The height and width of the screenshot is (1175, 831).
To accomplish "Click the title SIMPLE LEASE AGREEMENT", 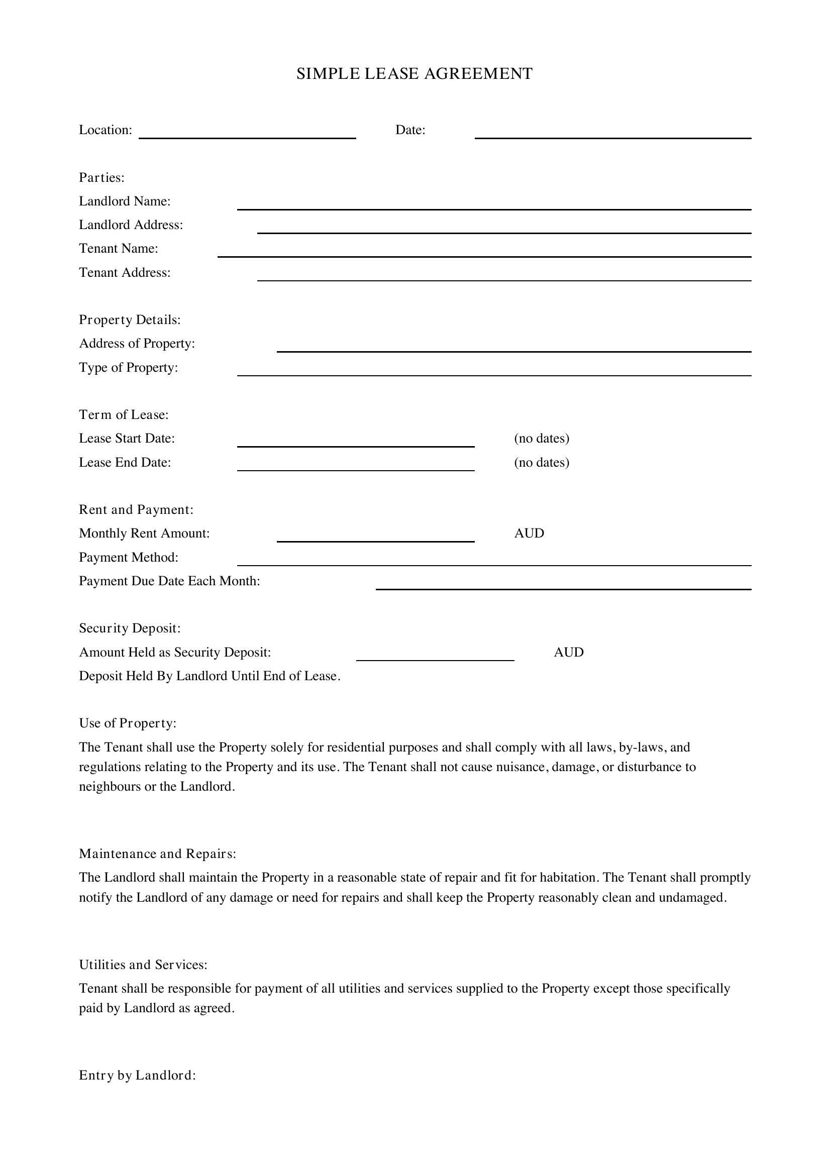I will [x=414, y=74].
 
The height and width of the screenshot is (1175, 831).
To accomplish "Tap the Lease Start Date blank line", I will [x=356, y=445].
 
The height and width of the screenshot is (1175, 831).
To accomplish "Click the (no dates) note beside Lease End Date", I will [x=542, y=463].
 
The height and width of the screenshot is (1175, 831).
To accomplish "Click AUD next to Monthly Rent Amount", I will [x=529, y=533].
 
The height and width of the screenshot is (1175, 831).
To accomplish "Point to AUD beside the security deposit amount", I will [x=569, y=652].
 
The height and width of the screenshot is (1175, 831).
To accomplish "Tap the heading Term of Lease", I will [x=124, y=414].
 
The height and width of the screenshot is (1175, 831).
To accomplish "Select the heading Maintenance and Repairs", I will [x=158, y=853].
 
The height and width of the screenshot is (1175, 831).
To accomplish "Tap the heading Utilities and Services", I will [x=143, y=965].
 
